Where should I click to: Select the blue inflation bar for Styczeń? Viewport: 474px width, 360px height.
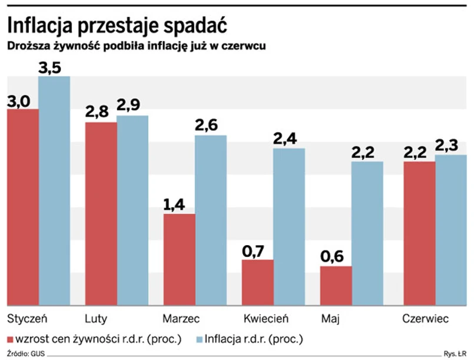pos(54,191)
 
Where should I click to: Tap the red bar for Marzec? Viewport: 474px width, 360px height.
pos(179,260)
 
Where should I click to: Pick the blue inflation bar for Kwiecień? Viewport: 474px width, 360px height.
pos(289,227)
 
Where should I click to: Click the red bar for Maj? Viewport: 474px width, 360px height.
pos(336,286)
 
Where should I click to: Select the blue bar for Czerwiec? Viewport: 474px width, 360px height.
pos(451,230)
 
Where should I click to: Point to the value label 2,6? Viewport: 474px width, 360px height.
pos(211,126)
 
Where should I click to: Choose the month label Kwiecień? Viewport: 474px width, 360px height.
pos(266,319)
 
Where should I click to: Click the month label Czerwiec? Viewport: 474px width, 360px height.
pos(425,319)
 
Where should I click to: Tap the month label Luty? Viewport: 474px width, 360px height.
pos(96,319)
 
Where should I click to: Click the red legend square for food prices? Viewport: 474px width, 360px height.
pos(10,339)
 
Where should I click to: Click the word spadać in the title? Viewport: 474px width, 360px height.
pos(190,25)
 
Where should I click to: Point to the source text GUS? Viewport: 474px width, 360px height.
pos(38,355)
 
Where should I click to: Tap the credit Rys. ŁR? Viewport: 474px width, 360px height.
pos(456,355)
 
